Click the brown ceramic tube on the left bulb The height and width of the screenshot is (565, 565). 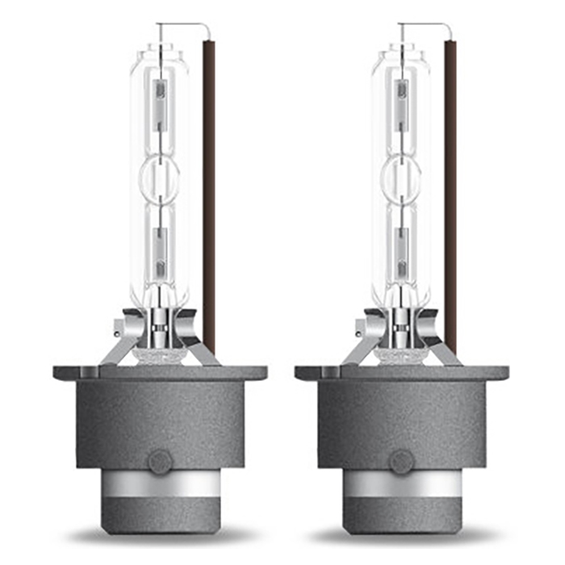click(x=209, y=194)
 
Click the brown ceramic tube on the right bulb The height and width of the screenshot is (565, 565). click(x=450, y=194)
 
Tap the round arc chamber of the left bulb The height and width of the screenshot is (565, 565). click(x=159, y=174)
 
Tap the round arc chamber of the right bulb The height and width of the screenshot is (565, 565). click(x=401, y=174)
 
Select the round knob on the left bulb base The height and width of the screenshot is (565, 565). click(x=159, y=461)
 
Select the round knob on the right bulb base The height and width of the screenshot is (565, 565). click(x=401, y=461)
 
